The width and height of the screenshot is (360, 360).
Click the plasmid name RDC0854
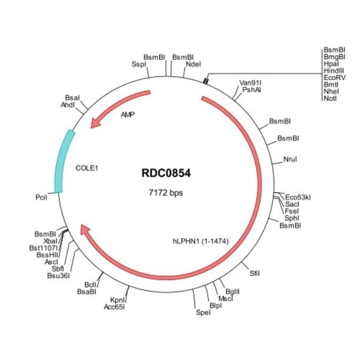[166, 173]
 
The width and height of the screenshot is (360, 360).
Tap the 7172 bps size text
[166, 193]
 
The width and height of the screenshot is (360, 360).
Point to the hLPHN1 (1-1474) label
[201, 241]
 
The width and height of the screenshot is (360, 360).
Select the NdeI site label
[193, 64]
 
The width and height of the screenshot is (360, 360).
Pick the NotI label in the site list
[330, 99]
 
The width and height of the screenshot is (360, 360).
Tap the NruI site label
[290, 160]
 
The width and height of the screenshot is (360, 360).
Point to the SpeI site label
[204, 313]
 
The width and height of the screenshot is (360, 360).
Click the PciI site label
[42, 197]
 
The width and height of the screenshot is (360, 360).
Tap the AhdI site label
[68, 104]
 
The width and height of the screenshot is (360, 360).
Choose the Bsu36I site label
[58, 275]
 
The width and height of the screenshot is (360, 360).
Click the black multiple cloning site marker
[205, 81]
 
